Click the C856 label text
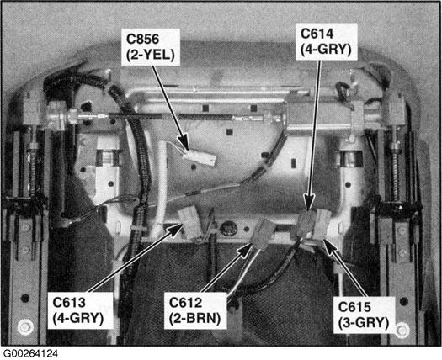[142, 39]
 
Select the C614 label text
[317, 34]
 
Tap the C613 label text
[69, 303]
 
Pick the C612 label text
[185, 303]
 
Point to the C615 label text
[354, 307]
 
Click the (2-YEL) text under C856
[150, 56]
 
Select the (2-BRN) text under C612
[194, 319]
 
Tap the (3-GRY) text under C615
[364, 323]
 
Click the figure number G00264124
[30, 354]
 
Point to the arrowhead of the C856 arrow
[184, 142]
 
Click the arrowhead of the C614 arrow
[309, 201]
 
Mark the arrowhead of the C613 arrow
[175, 229]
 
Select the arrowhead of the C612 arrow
[245, 249]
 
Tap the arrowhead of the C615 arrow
[330, 246]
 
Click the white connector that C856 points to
[200, 158]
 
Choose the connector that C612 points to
[264, 233]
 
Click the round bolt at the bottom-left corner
[25, 327]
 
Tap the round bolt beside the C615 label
[402, 330]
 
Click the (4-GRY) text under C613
[78, 319]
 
